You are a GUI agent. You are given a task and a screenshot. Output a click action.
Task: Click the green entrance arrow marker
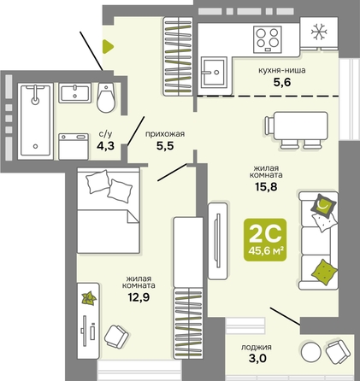point(108,46)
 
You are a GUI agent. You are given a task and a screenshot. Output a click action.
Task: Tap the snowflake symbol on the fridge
point(319,32)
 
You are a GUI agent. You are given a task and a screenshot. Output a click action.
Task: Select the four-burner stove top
point(268,39)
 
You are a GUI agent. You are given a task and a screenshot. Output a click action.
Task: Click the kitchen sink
point(214,72)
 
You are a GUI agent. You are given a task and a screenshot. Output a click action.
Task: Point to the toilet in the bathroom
point(106,97)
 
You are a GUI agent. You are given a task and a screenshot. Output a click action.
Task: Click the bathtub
point(35,121)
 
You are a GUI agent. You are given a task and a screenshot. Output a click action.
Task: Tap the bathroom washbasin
point(75,93)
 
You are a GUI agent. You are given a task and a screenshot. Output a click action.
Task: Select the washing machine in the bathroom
point(74,147)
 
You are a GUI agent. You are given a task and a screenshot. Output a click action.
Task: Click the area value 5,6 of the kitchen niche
point(282,82)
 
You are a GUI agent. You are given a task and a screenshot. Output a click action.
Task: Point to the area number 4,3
point(105,146)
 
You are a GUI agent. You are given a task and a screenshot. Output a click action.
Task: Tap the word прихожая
point(165,134)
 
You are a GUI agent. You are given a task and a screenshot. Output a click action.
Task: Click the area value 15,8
point(266,187)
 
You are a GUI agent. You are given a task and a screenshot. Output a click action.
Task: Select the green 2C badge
point(265,240)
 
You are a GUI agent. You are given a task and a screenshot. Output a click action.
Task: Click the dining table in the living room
point(297,130)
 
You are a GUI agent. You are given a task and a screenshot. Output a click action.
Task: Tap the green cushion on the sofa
point(324,272)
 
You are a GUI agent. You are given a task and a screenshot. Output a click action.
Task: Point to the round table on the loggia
point(310,352)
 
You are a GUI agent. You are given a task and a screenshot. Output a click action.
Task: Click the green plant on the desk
point(89,298)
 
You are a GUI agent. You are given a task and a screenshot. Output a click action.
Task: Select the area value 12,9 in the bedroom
point(139,297)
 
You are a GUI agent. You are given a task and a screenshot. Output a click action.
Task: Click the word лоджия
point(257,348)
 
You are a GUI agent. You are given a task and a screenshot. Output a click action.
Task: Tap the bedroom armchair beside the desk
point(116,337)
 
